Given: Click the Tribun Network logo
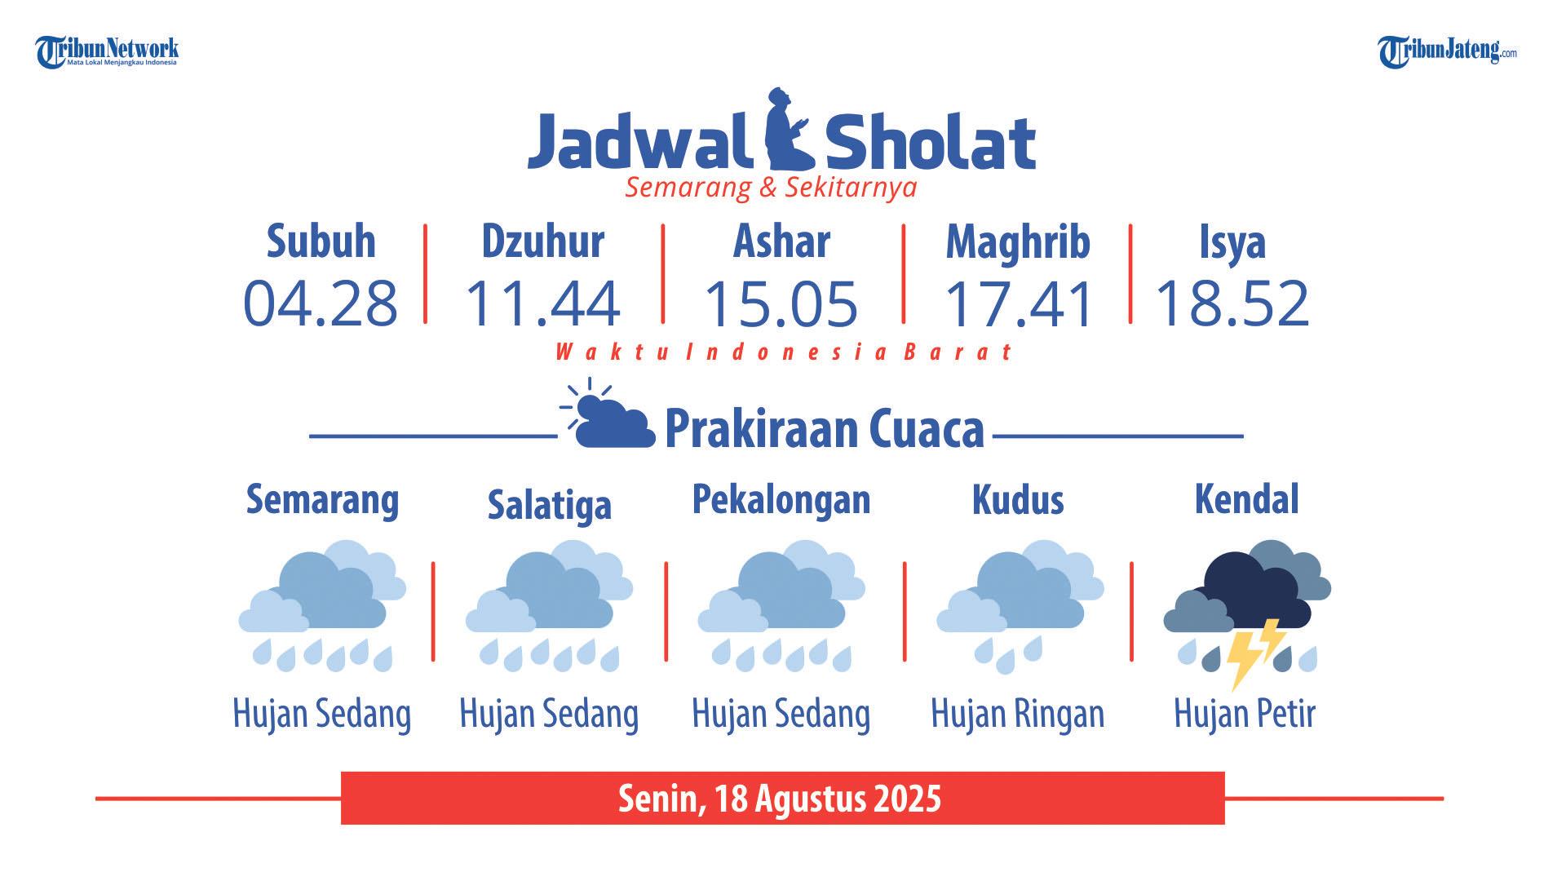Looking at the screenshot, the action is [107, 52].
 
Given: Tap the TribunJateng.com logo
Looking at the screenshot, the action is [1448, 52].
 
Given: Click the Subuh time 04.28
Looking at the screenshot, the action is [321, 303].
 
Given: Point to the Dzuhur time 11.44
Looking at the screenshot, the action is [542, 303].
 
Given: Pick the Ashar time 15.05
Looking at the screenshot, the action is [781, 303].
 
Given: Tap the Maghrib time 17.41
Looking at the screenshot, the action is [1017, 303].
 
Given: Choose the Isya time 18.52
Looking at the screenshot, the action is [1232, 303].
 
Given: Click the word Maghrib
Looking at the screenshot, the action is [1018, 242].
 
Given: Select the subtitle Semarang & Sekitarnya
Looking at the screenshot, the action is [771, 188].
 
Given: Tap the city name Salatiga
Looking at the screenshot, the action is [549, 504].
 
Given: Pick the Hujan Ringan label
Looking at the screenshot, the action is [1017, 714].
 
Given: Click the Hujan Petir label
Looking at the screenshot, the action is [1245, 714].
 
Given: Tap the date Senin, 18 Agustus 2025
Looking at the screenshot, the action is [780, 798].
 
